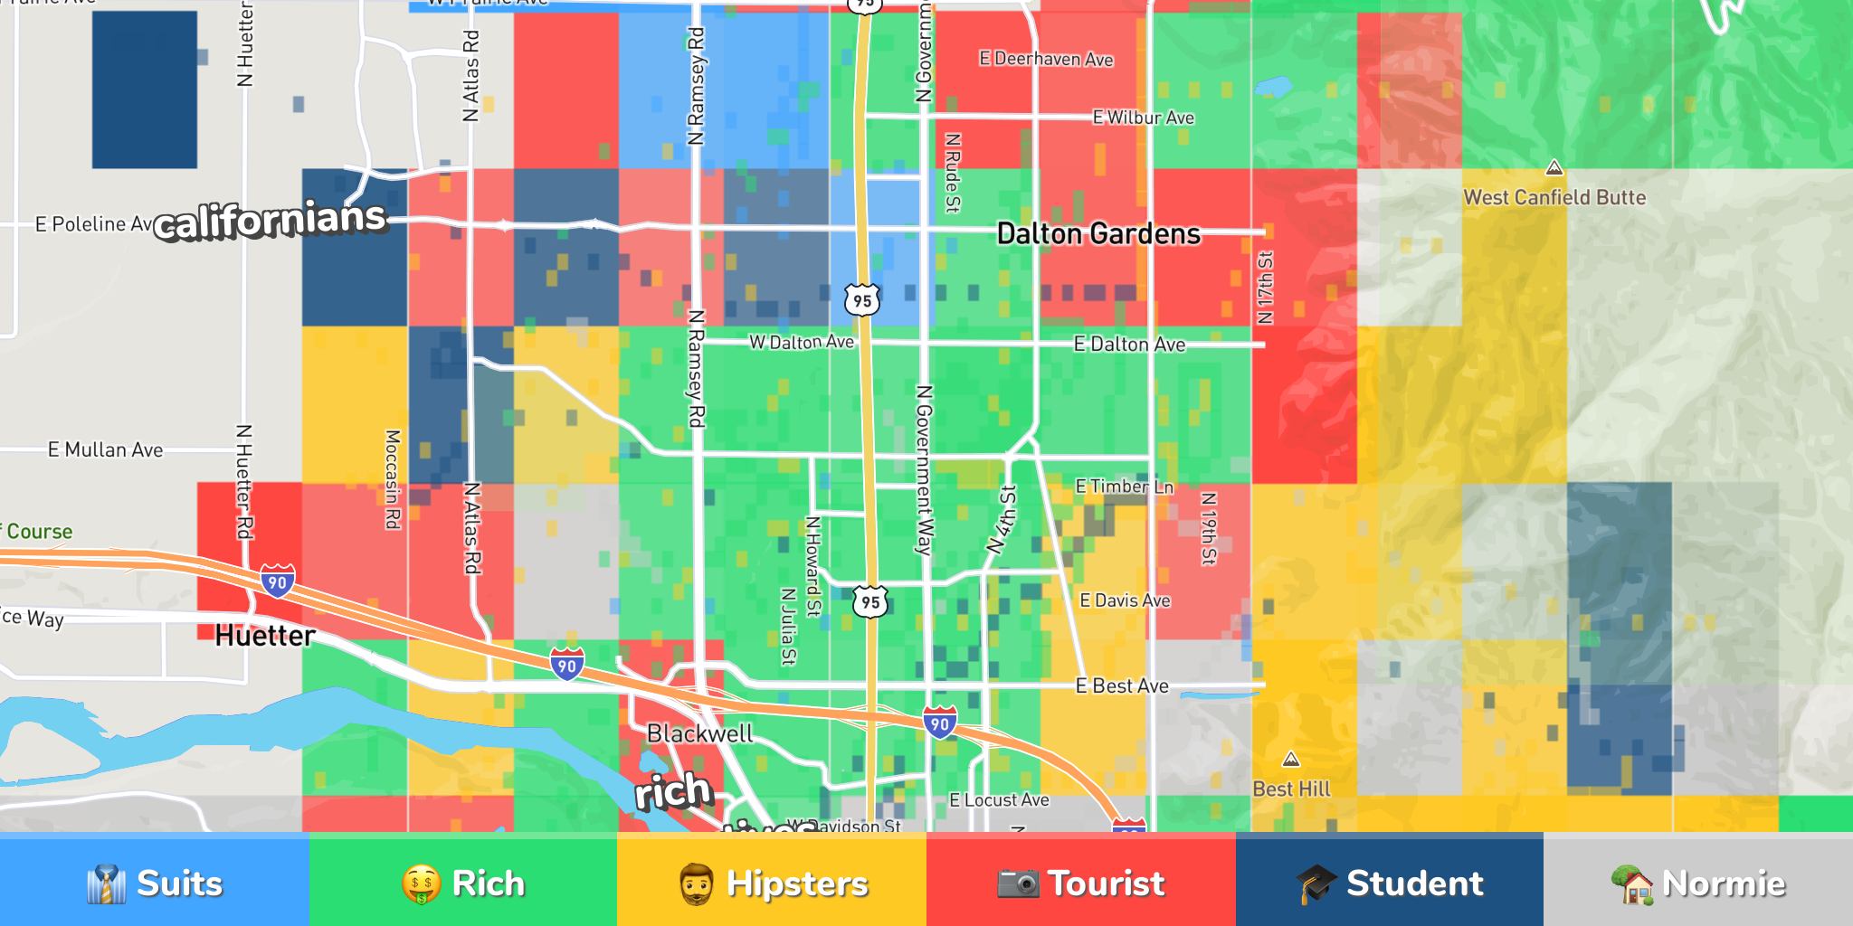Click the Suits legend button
click(x=154, y=883)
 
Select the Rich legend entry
click(x=463, y=883)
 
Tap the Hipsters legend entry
click(x=772, y=883)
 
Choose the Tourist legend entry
click(x=1081, y=883)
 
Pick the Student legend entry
click(x=1390, y=883)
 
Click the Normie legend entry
click(x=1698, y=883)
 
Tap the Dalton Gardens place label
click(x=1098, y=234)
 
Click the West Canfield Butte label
click(x=1554, y=197)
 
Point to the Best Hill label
click(x=1291, y=789)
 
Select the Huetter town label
click(x=265, y=636)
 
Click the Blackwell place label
click(x=699, y=733)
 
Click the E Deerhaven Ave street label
click(x=1046, y=60)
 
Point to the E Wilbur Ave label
click(x=1143, y=118)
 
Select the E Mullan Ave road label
click(x=105, y=449)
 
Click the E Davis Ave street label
click(x=1125, y=600)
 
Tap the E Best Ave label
click(x=1121, y=685)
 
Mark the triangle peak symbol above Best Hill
click(x=1291, y=760)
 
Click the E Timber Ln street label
click(x=1124, y=487)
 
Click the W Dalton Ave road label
click(x=801, y=342)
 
